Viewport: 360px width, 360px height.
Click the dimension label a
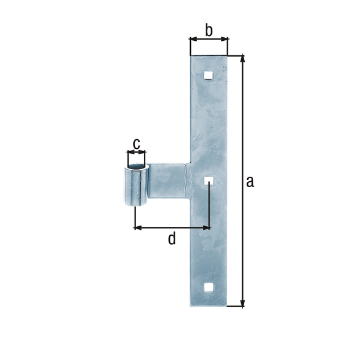click(250, 181)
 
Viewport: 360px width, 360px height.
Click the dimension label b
click(208, 29)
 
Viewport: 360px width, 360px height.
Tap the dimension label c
click(136, 143)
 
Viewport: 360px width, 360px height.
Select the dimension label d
click(172, 239)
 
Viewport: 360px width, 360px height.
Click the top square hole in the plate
click(208, 75)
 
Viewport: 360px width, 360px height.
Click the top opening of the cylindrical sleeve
click(136, 165)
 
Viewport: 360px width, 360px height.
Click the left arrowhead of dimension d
click(137, 227)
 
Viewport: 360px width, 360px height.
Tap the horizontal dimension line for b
click(209, 40)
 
